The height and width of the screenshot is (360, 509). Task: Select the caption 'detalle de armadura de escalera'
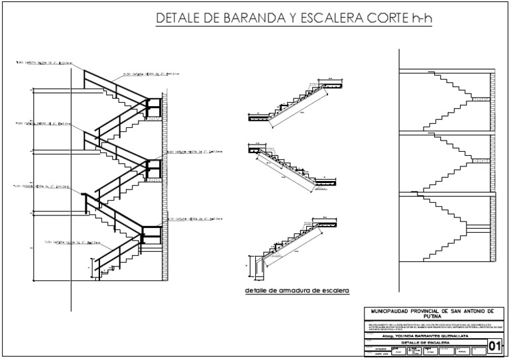[296, 290]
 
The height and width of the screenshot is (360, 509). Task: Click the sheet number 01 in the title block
[494, 345]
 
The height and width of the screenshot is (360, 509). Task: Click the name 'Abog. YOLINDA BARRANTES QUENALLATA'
[418, 336]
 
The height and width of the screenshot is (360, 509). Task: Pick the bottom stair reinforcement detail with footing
[292, 242]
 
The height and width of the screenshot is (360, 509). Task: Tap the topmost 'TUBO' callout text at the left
[43, 63]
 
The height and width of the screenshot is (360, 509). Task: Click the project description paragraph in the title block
[431, 326]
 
